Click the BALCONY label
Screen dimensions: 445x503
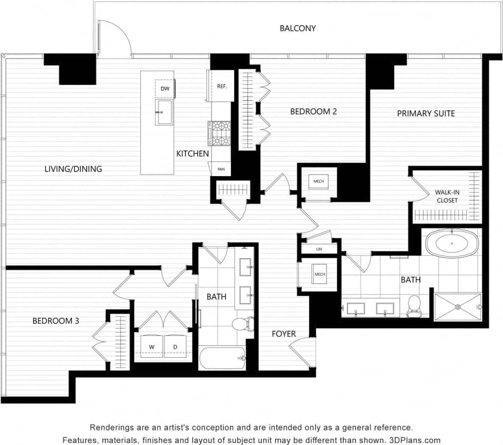[x=298, y=28]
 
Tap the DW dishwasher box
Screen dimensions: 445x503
[x=165, y=89]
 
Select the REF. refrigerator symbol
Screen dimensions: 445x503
[x=222, y=86]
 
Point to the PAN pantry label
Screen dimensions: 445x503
[x=221, y=168]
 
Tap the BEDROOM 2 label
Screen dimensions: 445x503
[x=313, y=111]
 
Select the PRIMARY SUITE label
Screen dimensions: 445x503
[x=425, y=113]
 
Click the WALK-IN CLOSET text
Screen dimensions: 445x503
[x=447, y=196]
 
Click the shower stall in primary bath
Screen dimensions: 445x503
[x=457, y=306]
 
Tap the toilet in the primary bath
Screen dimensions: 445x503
[x=414, y=306]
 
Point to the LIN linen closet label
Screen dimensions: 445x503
[x=319, y=249]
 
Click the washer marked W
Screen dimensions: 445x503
[x=152, y=347]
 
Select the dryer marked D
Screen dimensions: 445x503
[x=176, y=347]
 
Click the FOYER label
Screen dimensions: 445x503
[x=284, y=334]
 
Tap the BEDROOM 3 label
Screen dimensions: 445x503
[x=55, y=321]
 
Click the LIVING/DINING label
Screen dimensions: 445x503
[x=73, y=169]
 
